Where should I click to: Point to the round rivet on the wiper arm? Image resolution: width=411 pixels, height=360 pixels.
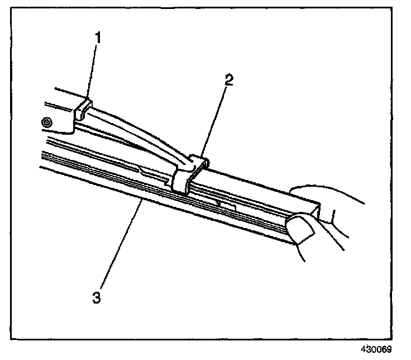[47, 121]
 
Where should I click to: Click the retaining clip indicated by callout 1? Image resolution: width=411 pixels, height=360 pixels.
[83, 108]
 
